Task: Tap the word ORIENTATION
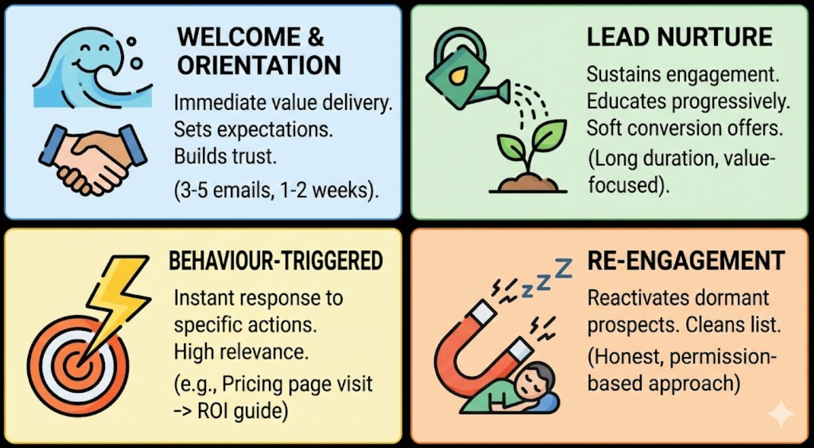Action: point(259,65)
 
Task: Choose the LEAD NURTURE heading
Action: point(679,37)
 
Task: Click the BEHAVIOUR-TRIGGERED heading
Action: point(276,261)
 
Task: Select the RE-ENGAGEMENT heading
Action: point(686,261)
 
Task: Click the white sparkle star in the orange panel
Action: point(780,415)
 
